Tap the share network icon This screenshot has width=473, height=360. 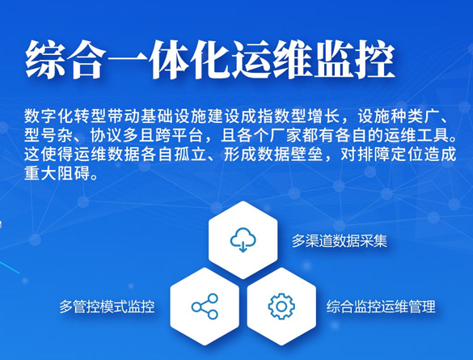click(x=205, y=307)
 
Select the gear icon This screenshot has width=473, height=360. click(x=281, y=307)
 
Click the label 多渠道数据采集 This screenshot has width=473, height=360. click(x=339, y=241)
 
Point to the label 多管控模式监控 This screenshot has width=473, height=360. click(x=107, y=307)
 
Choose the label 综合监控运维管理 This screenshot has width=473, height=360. click(x=381, y=307)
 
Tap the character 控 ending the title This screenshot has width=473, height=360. click(x=374, y=59)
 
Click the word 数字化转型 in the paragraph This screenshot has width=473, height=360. click(x=65, y=116)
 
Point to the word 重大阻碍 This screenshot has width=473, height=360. click(x=57, y=173)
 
